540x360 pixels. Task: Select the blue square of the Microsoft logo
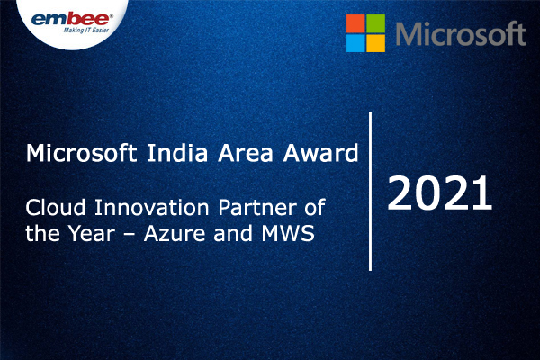(x=357, y=44)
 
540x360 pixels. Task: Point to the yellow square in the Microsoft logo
(x=378, y=44)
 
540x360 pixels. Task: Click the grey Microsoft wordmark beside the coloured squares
(x=460, y=34)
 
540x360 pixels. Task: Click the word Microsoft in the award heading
(x=72, y=151)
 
